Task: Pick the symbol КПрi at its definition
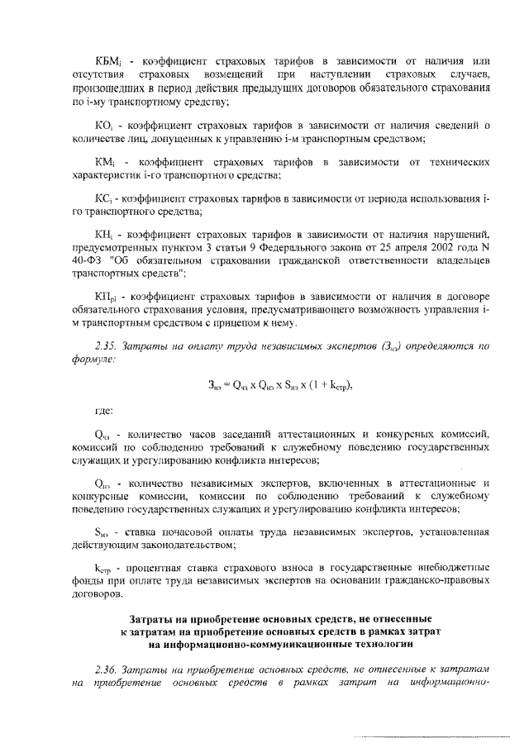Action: tap(106, 295)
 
